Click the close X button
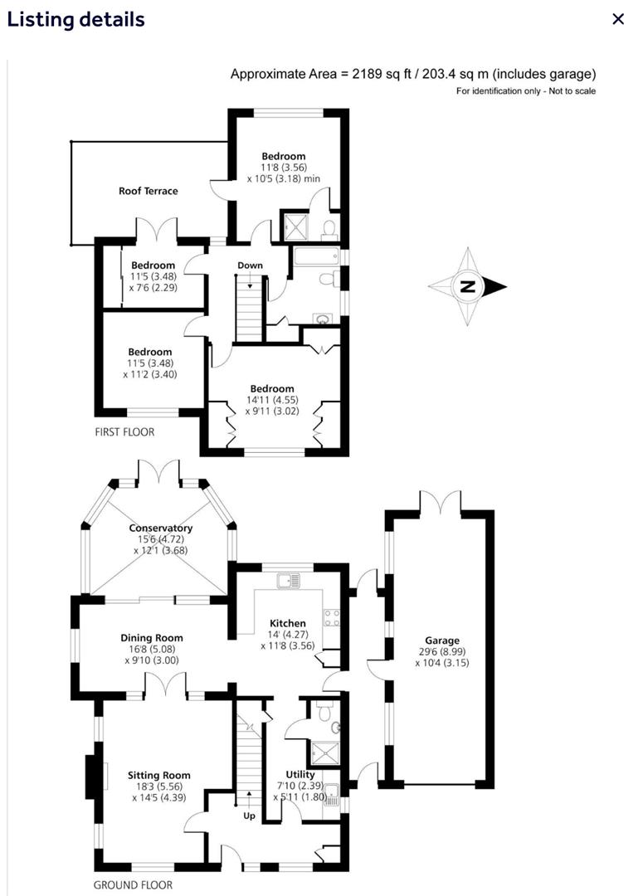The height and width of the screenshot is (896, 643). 617,19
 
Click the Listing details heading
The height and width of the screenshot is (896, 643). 76,19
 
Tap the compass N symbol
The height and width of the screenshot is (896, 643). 467,287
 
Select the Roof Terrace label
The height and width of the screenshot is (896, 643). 148,191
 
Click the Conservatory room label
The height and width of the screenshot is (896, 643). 161,528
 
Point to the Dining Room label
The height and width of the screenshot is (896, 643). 149,638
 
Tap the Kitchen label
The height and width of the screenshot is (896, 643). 288,623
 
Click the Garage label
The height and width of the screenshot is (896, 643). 442,640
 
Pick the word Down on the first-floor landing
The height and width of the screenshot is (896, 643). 250,265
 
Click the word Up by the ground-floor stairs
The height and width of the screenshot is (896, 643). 249,816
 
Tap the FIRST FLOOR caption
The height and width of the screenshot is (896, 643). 124,432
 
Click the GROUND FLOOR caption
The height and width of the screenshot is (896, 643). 133,885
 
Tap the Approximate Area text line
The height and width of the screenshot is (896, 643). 412,75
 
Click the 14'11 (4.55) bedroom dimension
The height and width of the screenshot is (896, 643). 272,401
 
